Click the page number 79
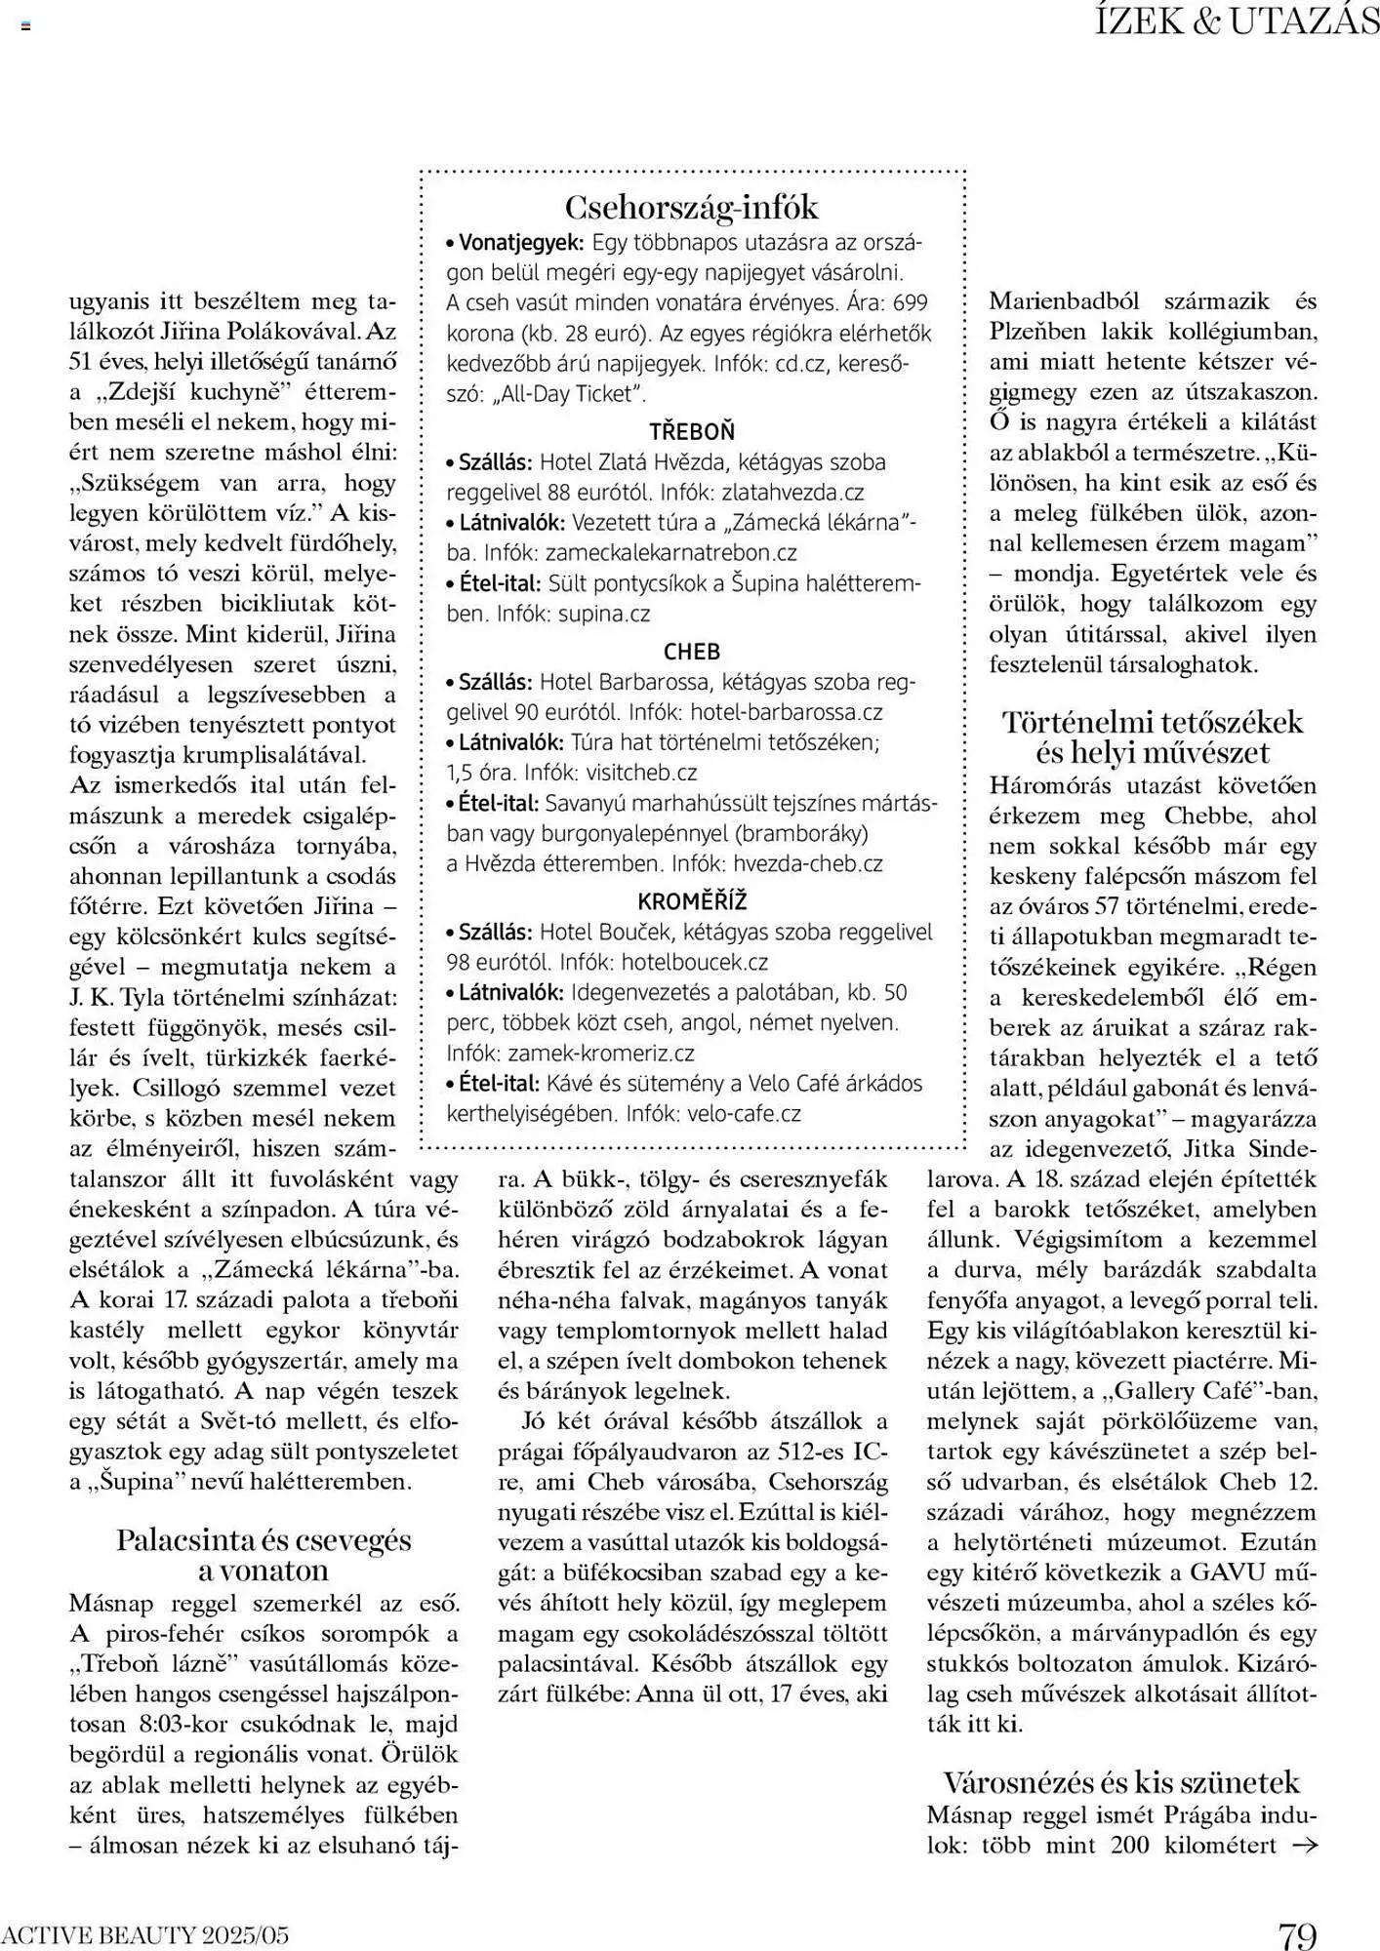(1297, 1934)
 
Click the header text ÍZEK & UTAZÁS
(1237, 21)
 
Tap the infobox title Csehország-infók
(692, 207)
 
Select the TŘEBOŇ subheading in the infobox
(692, 431)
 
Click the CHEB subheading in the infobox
(692, 651)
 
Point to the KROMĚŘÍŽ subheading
(692, 900)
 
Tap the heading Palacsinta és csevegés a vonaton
(264, 1555)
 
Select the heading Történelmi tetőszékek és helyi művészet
(1153, 737)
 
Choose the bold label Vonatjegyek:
(520, 242)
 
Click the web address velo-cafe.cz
(745, 1113)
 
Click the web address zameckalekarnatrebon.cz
(670, 553)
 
